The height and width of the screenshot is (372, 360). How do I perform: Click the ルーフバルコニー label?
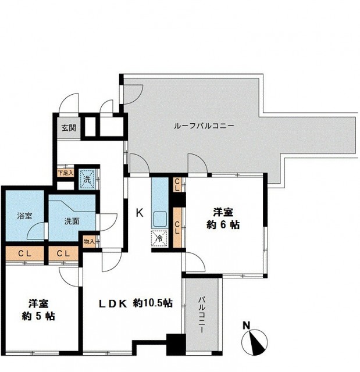coord(204,126)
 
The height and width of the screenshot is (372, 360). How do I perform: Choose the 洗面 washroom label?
coord(72,221)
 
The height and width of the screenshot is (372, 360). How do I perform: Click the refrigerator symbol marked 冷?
coord(158,238)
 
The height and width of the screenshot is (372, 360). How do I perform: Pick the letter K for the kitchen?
coord(140,212)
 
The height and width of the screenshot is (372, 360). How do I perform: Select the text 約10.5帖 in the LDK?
coord(152,303)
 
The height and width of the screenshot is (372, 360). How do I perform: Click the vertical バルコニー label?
coord(201,313)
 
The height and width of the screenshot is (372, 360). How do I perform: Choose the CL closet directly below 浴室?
coord(24,253)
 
